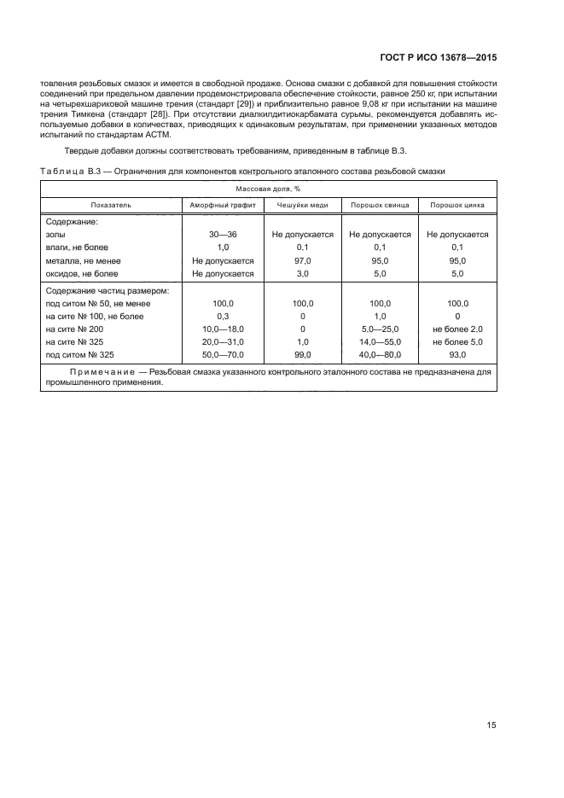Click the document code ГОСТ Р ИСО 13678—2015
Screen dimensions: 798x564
[x=438, y=58]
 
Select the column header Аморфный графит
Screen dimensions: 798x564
[x=223, y=206]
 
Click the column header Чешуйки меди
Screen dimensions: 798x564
[x=302, y=206]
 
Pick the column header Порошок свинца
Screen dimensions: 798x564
[x=380, y=206]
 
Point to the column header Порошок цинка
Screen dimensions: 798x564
[x=457, y=206]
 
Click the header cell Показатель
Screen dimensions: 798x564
[x=111, y=206]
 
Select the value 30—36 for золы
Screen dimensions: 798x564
[x=224, y=235]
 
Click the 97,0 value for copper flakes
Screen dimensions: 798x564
[x=302, y=261]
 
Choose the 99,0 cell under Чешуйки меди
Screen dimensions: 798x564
[x=302, y=355]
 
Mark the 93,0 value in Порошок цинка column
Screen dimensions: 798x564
[x=457, y=355]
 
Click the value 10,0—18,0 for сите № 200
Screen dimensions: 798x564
[x=224, y=329]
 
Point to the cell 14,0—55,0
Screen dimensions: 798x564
[x=380, y=342]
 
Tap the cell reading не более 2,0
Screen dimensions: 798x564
[x=457, y=329]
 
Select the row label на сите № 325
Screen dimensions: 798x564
[x=78, y=342]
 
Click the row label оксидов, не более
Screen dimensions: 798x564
[x=82, y=274]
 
